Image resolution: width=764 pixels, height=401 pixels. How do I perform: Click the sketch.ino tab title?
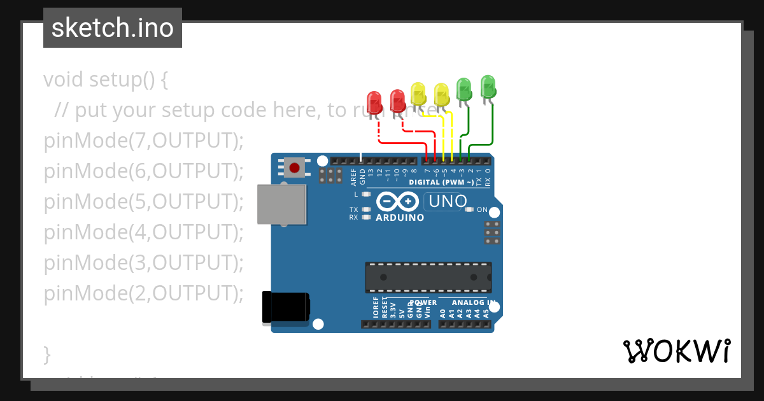113,28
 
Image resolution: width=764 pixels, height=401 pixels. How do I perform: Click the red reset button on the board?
294,168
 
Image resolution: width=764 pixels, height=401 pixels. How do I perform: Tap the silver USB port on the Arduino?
281,204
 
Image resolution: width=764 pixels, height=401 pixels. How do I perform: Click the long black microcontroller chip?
428,278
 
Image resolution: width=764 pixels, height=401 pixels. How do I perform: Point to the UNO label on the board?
448,202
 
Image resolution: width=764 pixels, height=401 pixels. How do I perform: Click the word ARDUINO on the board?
400,218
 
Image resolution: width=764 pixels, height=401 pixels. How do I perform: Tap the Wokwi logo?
676,351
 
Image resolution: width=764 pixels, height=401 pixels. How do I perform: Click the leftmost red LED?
374,102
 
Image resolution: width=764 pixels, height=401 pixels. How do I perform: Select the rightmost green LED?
488,85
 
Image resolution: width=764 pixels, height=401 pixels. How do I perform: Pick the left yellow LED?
418,93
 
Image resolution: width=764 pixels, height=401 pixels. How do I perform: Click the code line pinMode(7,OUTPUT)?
144,141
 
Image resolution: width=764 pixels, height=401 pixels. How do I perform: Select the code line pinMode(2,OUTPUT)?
144,293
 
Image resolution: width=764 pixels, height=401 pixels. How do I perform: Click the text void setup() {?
106,80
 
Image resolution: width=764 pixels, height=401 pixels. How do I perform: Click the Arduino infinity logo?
398,202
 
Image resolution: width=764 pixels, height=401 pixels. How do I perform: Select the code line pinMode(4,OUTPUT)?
144,232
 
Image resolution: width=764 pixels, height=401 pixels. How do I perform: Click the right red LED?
397,99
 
